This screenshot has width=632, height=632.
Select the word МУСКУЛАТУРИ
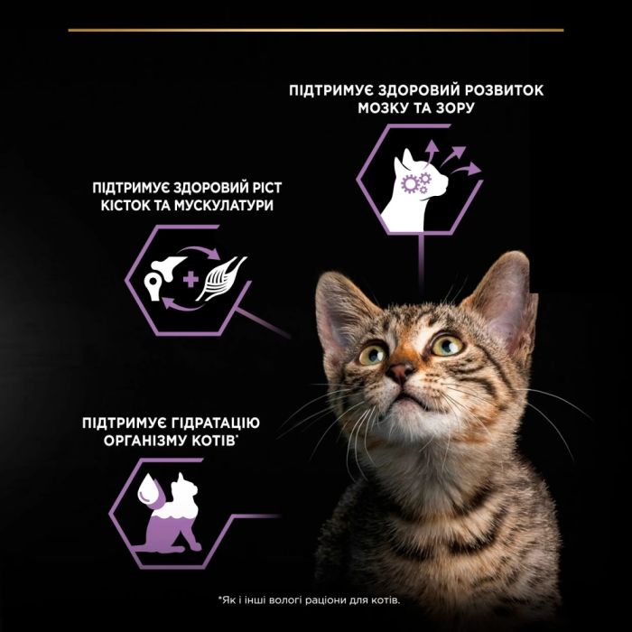pos(226,206)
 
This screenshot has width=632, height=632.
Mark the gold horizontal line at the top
pos(316,31)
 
